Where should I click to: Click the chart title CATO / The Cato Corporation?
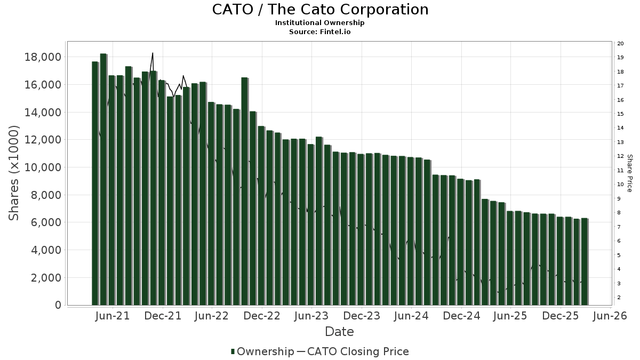[x=320, y=10]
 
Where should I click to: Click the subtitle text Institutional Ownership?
[x=320, y=23]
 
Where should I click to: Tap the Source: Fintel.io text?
[x=320, y=31]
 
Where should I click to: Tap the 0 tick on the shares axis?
[x=58, y=305]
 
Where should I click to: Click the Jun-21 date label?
[x=113, y=316]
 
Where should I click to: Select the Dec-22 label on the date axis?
[x=262, y=316]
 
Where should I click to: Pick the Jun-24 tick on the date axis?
[x=411, y=316]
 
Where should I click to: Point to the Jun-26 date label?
[x=609, y=316]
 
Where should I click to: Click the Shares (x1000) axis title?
[x=14, y=173]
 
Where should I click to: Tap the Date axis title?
[x=339, y=332]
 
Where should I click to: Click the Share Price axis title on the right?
[x=629, y=173]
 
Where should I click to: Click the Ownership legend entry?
[x=262, y=351]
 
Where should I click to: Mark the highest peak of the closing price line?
[x=153, y=53]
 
